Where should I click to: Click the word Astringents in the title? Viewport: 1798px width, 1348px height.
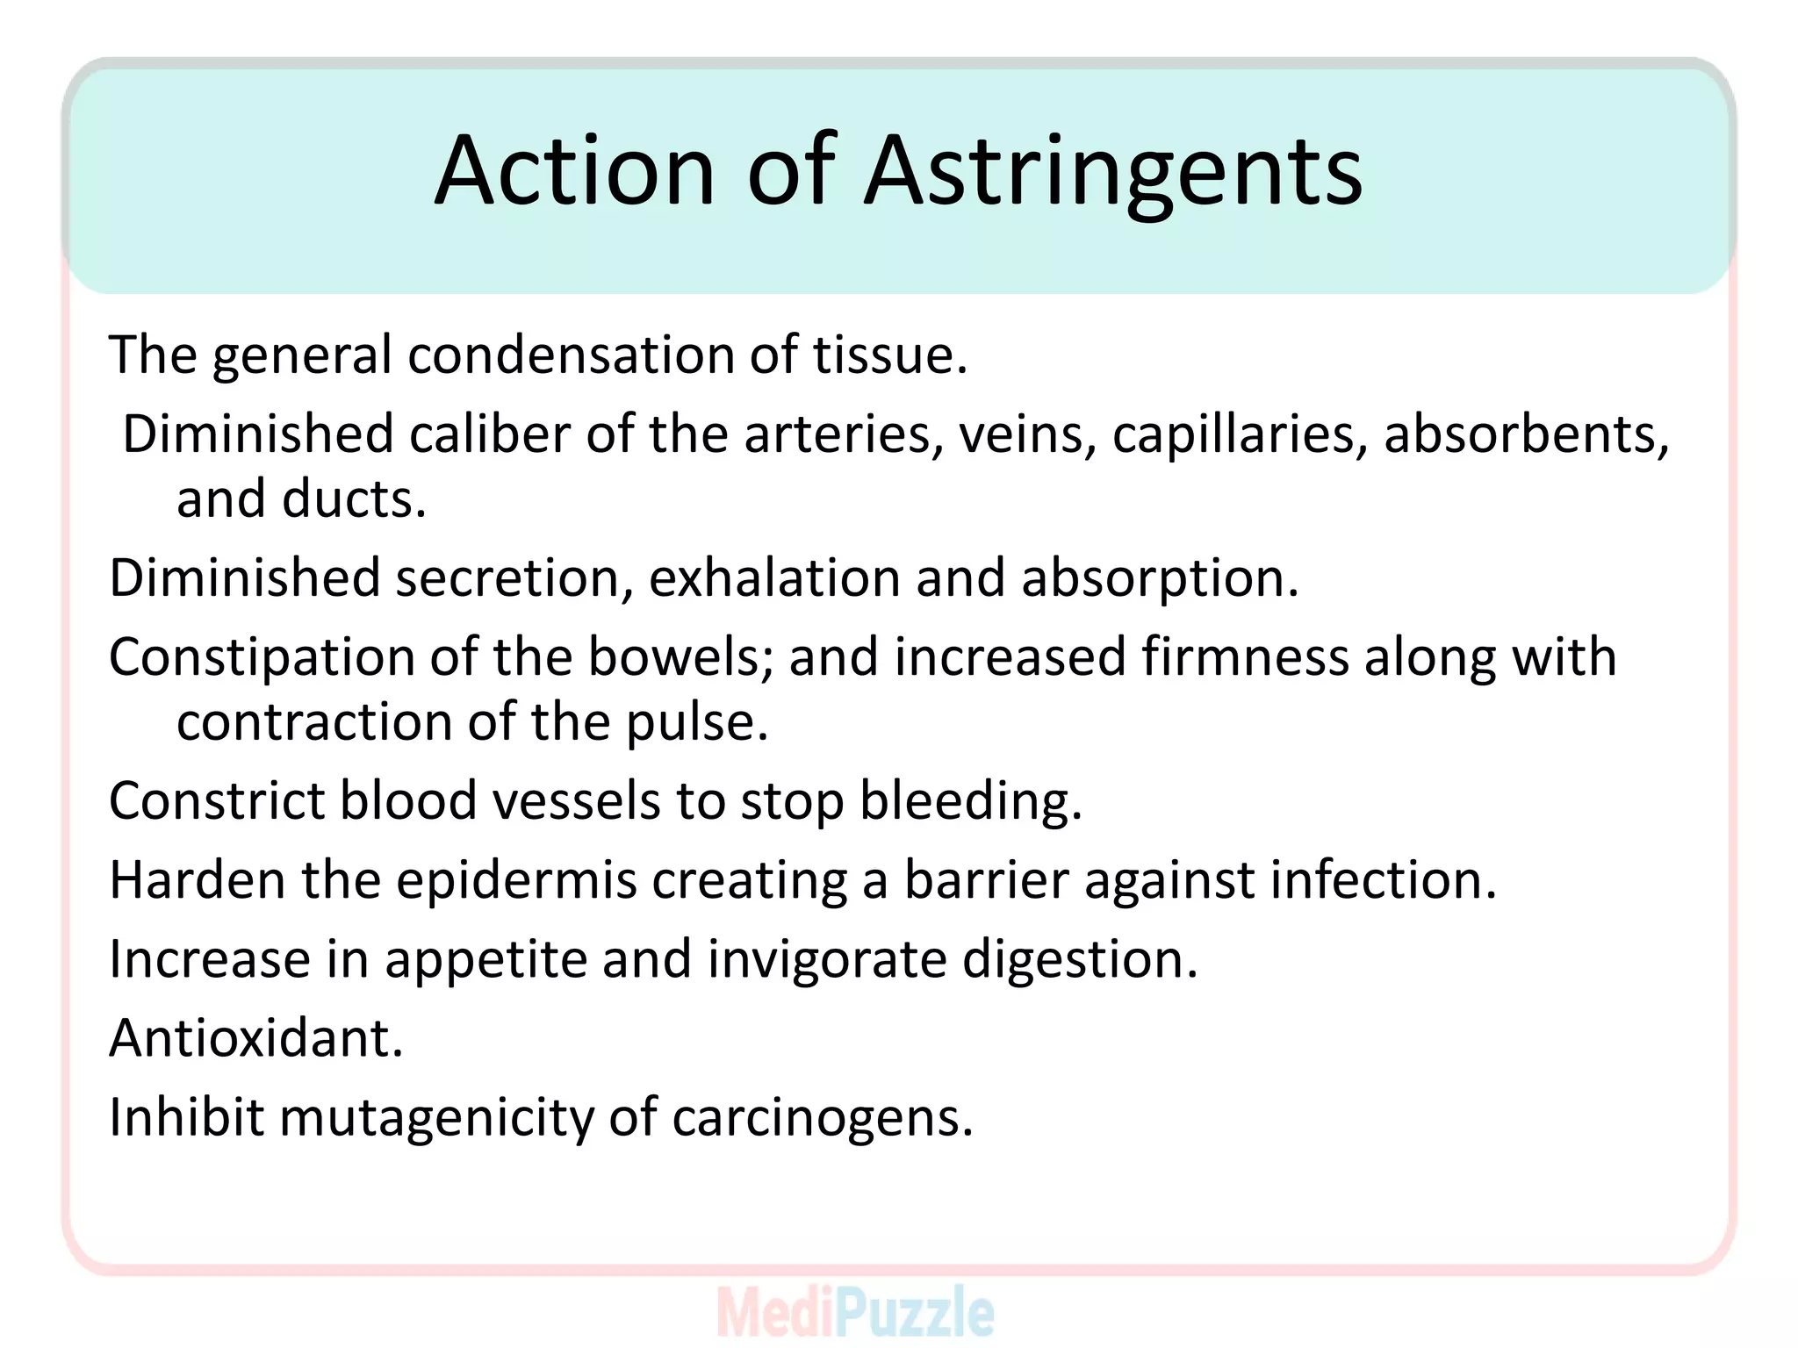point(1113,171)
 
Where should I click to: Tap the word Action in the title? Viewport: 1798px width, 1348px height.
point(575,171)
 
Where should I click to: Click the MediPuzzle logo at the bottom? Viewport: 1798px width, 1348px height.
point(855,1312)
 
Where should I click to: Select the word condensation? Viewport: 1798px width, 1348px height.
point(570,355)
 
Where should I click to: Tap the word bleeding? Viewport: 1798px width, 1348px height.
point(971,802)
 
